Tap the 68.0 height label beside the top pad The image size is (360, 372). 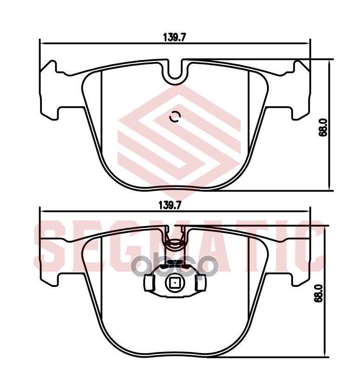tap(324, 126)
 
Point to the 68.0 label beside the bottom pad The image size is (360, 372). tap(319, 294)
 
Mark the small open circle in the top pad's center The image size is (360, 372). tap(174, 117)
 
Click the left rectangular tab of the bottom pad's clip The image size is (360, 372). tap(150, 283)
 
